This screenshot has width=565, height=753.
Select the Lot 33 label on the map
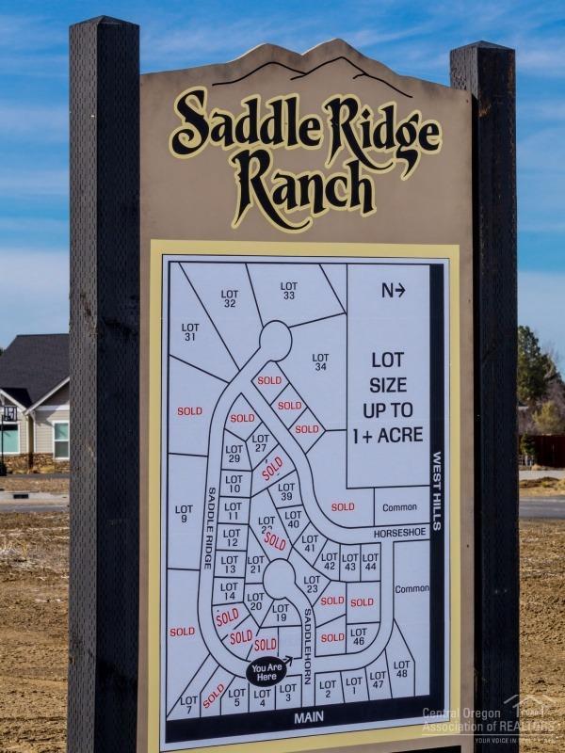288,291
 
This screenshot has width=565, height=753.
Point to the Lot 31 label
190,332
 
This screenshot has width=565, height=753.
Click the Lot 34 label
320,362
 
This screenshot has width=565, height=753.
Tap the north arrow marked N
393,291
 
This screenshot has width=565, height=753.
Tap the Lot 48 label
402,669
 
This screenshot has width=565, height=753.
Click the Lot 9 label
184,514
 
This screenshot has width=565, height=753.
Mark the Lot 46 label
359,636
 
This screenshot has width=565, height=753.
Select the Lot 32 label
230,298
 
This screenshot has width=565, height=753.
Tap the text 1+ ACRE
387,436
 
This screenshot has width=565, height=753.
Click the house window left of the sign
61,439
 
